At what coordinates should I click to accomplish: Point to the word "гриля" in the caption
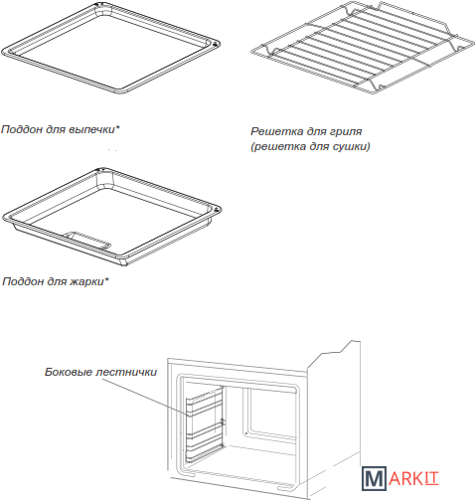(346, 132)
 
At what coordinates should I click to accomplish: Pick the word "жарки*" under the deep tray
(89, 282)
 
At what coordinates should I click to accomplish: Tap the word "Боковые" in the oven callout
(68, 372)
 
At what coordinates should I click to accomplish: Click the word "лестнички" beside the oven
(126, 372)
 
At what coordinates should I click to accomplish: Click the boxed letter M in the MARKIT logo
(374, 478)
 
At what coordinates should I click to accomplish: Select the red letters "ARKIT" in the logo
(413, 479)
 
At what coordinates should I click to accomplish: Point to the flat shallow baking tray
(110, 48)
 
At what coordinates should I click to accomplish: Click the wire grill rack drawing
(363, 48)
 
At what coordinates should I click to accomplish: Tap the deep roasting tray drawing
(111, 217)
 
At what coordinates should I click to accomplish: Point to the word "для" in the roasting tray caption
(58, 282)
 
